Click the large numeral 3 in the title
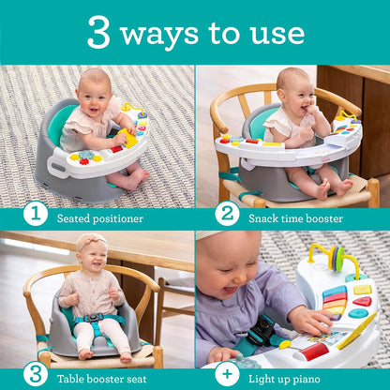(98, 32)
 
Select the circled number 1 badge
(34, 215)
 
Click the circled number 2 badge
(227, 215)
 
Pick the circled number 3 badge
(34, 375)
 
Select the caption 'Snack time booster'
(295, 217)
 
